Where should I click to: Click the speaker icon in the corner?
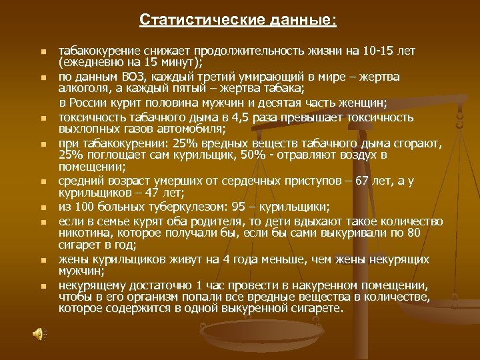[x=39, y=333]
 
